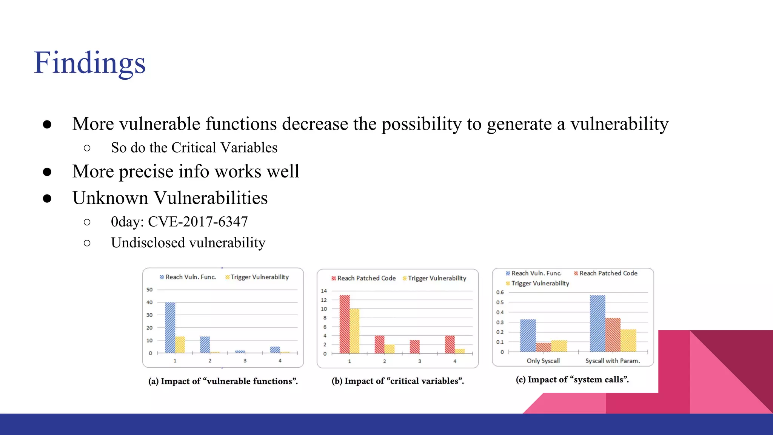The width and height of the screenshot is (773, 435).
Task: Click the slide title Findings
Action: pyautogui.click(x=89, y=63)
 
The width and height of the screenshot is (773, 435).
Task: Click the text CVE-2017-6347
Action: pyautogui.click(x=198, y=222)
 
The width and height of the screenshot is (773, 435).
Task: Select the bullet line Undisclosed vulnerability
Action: pyautogui.click(x=188, y=243)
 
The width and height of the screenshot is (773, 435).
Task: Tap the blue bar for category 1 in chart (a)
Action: pyautogui.click(x=170, y=327)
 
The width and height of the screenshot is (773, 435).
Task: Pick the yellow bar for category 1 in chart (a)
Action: pyautogui.click(x=180, y=344)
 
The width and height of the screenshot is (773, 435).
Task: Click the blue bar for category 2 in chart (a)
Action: pyautogui.click(x=205, y=344)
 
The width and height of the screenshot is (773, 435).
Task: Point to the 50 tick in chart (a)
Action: pyautogui.click(x=149, y=290)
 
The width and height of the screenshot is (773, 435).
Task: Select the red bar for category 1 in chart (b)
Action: pyautogui.click(x=345, y=324)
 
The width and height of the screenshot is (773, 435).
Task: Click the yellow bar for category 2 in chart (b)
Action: pyautogui.click(x=390, y=349)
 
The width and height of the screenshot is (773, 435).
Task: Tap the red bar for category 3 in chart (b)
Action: pyautogui.click(x=415, y=347)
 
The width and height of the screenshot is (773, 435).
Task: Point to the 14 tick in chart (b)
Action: pyautogui.click(x=324, y=291)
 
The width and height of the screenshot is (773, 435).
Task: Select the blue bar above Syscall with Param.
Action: pyautogui.click(x=597, y=323)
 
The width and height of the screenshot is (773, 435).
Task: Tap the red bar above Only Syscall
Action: pyautogui.click(x=544, y=347)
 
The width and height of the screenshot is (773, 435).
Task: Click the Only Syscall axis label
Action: pyautogui.click(x=543, y=361)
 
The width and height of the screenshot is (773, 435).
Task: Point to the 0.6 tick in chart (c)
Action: pyautogui.click(x=500, y=292)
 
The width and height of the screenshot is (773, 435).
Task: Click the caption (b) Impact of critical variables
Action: pyautogui.click(x=398, y=381)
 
